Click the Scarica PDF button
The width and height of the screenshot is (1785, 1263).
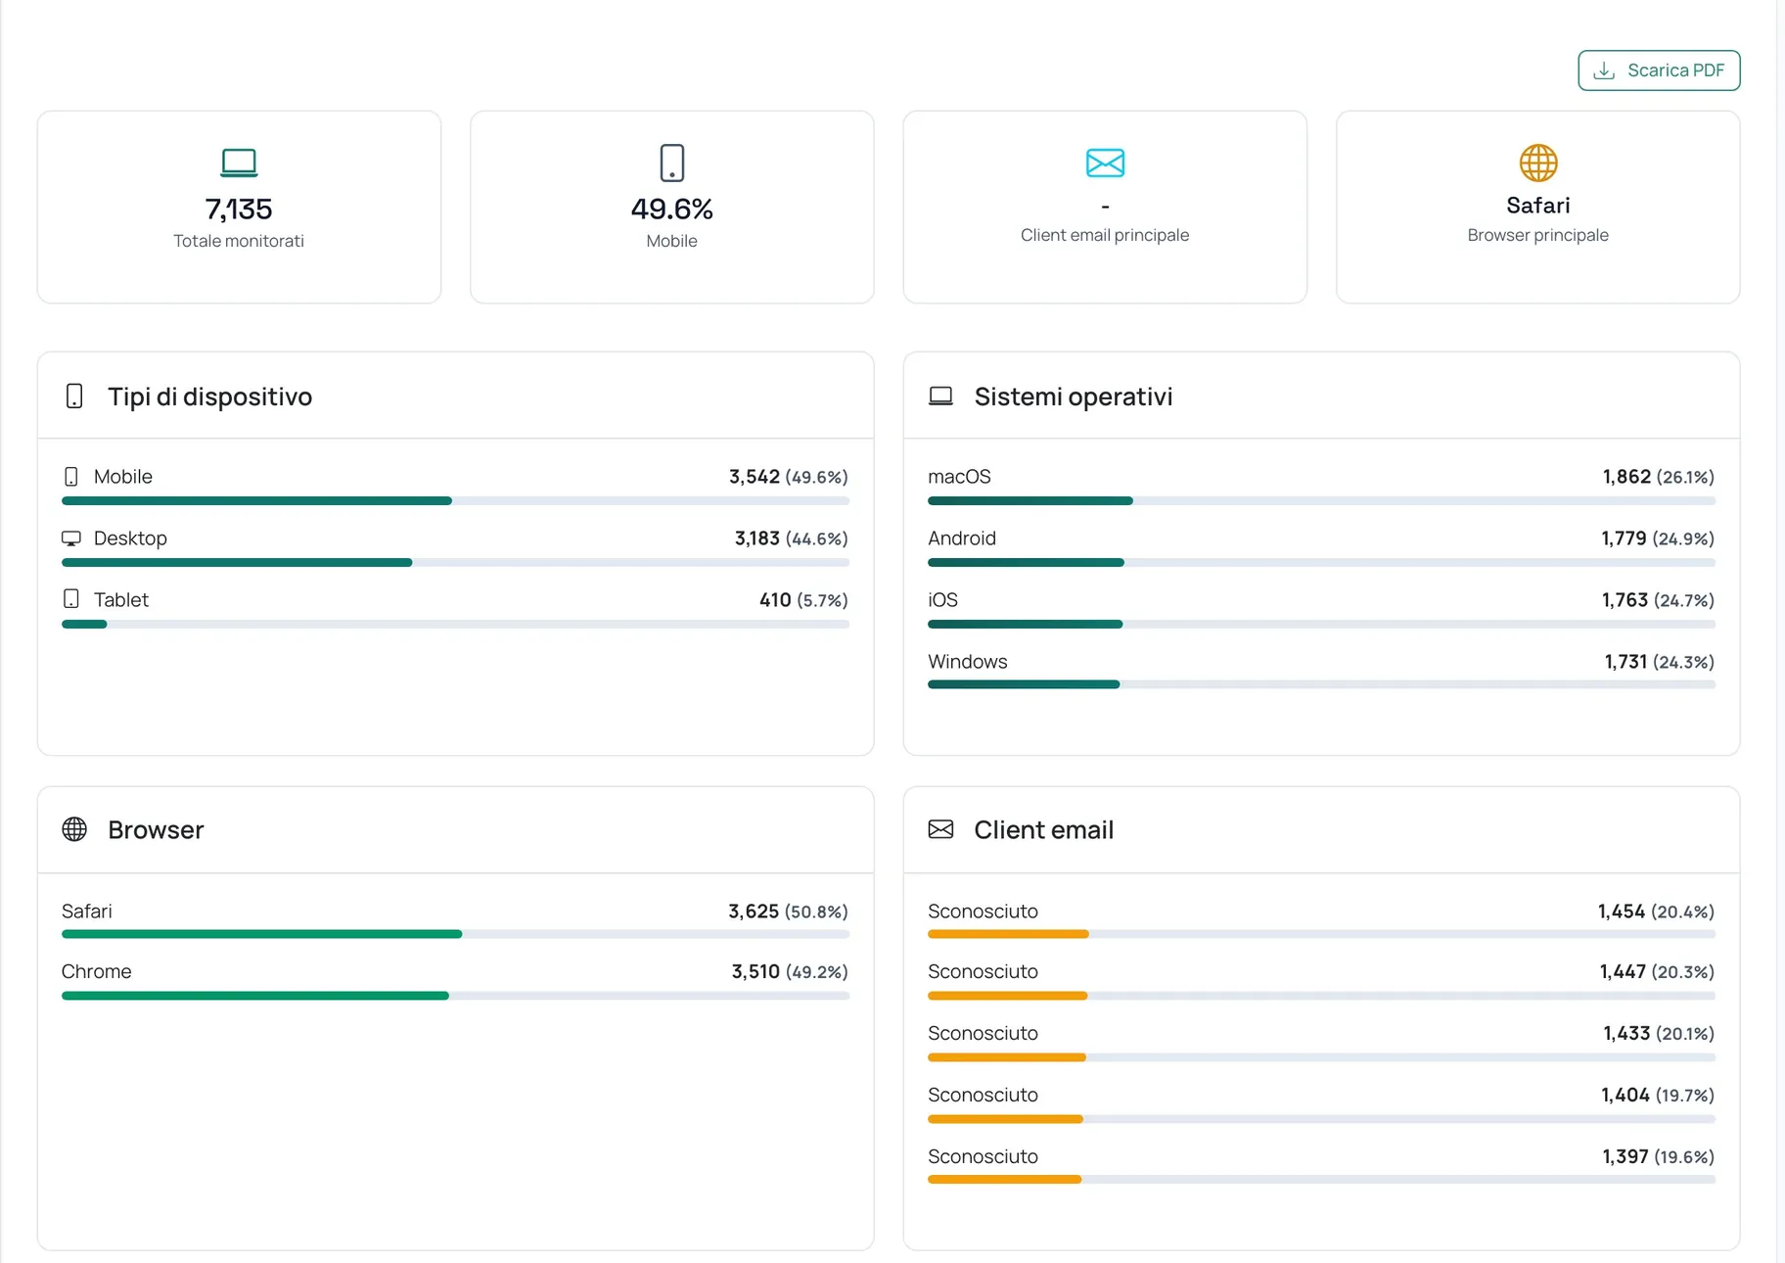pos(1659,70)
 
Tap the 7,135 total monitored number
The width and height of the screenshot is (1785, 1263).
pos(239,209)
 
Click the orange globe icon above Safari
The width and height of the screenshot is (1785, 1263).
pos(1538,163)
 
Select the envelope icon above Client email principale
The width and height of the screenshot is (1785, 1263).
pos(1105,163)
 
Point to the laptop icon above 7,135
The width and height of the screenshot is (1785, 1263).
pos(239,163)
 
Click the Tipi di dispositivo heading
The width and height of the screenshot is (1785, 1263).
pos(209,397)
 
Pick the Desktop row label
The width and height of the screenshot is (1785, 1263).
pos(130,538)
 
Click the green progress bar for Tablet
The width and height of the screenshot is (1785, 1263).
pos(84,624)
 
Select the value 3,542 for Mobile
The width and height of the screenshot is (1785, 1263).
pos(755,477)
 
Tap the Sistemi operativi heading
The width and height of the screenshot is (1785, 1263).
pos(1074,397)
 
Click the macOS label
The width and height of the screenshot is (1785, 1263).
pos(959,477)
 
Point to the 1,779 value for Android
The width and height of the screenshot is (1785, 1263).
pos(1624,538)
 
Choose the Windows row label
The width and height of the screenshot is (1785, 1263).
pos(968,662)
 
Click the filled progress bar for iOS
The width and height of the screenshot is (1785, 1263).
pos(1025,624)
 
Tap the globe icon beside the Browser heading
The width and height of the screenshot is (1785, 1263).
pos(74,829)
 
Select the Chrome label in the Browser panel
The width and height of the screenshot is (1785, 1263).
pos(96,971)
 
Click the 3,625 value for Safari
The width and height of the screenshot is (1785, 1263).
pos(754,912)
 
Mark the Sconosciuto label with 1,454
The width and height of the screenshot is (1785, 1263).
pos(983,912)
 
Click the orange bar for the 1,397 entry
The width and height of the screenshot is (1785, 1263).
pos(1004,1180)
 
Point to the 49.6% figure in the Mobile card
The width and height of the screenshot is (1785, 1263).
pos(671,209)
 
